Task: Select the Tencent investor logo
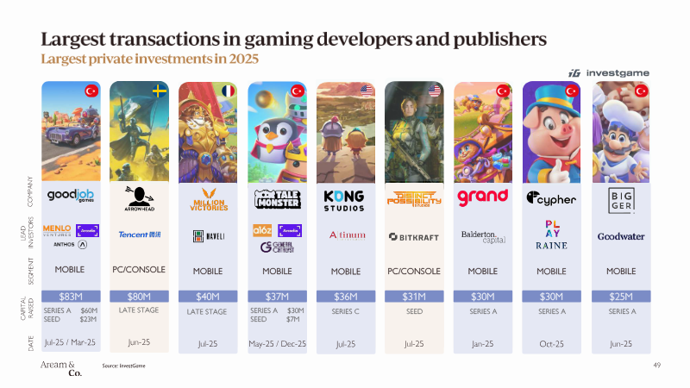coord(139,234)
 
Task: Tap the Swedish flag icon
coord(159,91)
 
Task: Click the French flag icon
coord(228,91)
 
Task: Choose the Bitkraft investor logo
coord(414,235)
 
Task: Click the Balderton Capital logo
coord(482,235)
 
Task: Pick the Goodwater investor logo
coord(621,235)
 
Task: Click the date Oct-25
coord(551,343)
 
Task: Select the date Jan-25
coord(482,343)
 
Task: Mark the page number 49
coord(657,366)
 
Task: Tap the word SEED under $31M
coord(414,311)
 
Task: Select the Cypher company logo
coord(551,199)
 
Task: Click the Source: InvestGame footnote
coord(123,366)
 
